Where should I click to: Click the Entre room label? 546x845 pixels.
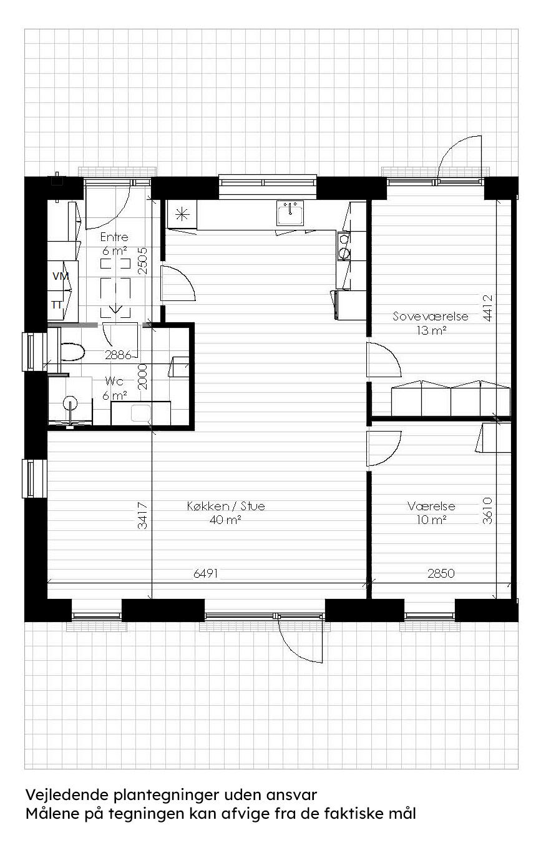115,237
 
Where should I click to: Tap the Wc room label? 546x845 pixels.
114,380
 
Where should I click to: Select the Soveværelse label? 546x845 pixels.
431,317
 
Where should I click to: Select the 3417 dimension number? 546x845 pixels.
144,516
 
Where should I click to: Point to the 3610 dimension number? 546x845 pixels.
488,511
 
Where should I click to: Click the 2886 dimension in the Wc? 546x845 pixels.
118,355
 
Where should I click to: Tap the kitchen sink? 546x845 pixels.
290,214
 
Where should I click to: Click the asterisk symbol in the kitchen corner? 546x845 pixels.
182,214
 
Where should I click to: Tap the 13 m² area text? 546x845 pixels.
431,331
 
